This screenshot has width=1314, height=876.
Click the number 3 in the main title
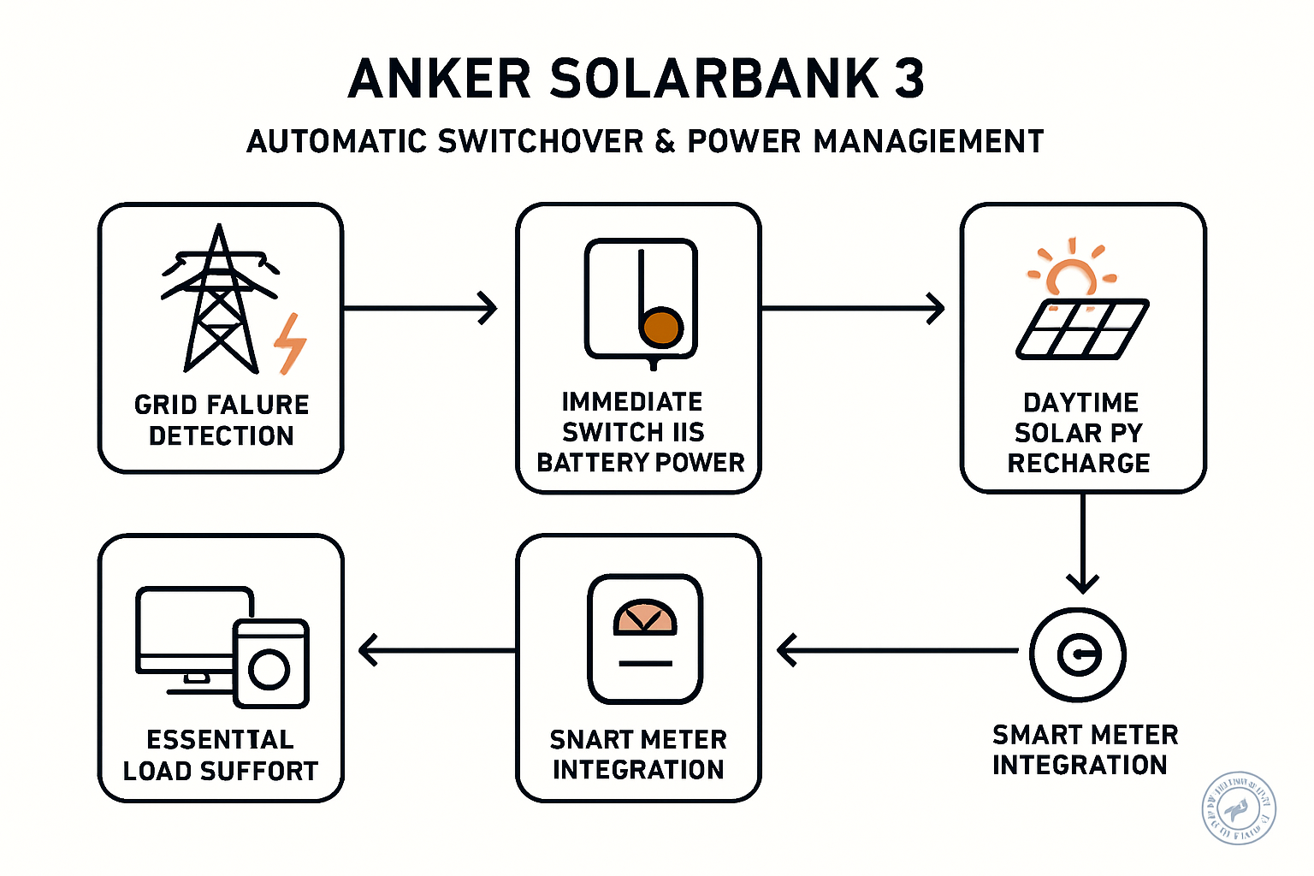tap(909, 79)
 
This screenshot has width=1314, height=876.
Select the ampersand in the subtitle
tap(665, 142)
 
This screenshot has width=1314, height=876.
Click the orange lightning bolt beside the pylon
tap(290, 344)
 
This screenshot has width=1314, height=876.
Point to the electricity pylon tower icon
tap(220, 299)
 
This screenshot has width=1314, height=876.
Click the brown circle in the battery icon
tap(661, 328)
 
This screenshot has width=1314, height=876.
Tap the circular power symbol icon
tap(1078, 655)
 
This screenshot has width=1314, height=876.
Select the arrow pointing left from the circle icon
tap(898, 650)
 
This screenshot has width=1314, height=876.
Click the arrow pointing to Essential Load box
tap(436, 650)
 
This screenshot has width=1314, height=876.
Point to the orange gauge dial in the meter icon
tap(645, 619)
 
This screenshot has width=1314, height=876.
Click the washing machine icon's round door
tap(269, 670)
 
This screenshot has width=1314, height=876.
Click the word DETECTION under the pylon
tap(221, 435)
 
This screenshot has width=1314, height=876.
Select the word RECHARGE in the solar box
tap(1078, 463)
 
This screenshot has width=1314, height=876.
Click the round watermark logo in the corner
tap(1239, 808)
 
